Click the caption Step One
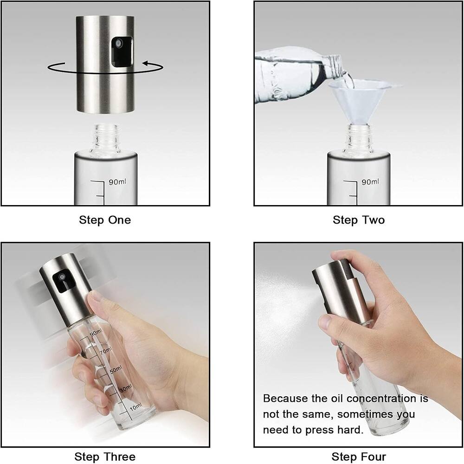tap(105, 219)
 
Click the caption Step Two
tap(358, 219)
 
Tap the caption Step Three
tap(105, 457)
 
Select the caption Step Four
tap(358, 457)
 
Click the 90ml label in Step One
tap(117, 182)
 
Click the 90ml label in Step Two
tap(370, 182)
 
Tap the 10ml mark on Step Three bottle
tap(135, 407)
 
